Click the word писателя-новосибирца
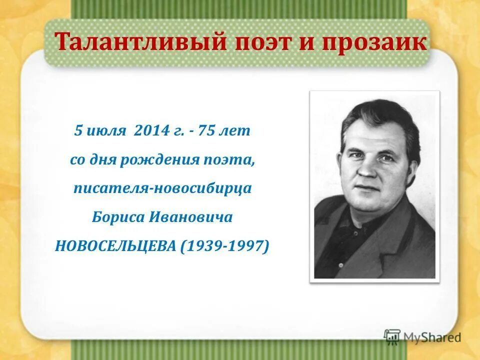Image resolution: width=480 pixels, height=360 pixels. point(162,188)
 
